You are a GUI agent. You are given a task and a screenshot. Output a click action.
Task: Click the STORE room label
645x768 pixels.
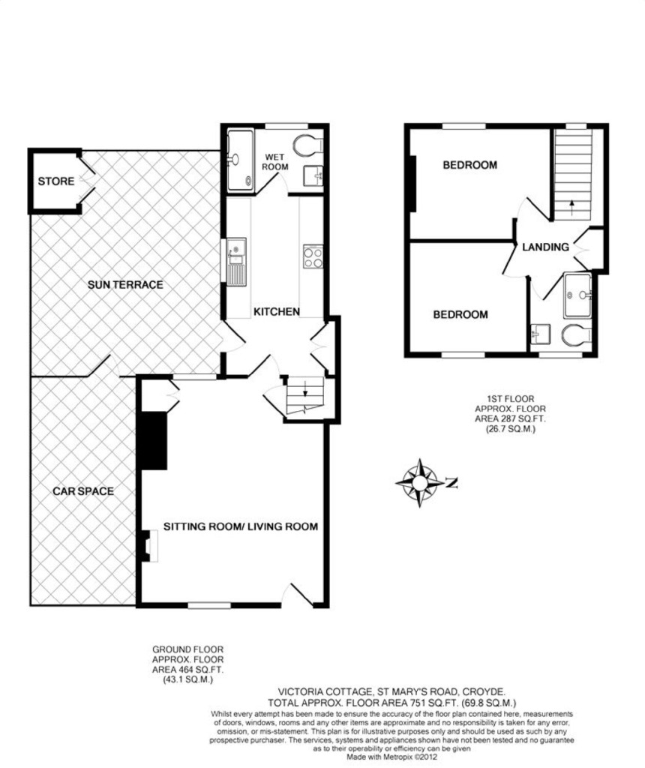pyautogui.click(x=56, y=181)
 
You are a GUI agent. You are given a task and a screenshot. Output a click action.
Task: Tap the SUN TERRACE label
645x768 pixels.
pyautogui.click(x=125, y=284)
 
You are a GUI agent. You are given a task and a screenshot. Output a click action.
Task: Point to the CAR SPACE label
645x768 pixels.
pyautogui.click(x=83, y=490)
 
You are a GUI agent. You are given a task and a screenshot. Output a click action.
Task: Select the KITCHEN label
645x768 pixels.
pyautogui.click(x=277, y=311)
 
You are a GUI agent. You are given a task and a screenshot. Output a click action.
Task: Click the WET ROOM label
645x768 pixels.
pyautogui.click(x=274, y=162)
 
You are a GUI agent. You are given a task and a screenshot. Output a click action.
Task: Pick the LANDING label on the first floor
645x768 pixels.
pyautogui.click(x=545, y=247)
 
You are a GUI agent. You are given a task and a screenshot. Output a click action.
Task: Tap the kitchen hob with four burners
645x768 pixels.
pyautogui.click(x=313, y=256)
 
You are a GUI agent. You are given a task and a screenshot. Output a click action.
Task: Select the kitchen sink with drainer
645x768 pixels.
pyautogui.click(x=236, y=262)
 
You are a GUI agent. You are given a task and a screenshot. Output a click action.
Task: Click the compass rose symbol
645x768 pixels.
pyautogui.click(x=419, y=483)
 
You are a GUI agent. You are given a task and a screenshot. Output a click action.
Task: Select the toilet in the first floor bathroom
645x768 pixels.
pyautogui.click(x=576, y=335)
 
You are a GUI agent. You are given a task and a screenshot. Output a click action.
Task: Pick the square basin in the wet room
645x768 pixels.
pyautogui.click(x=313, y=176)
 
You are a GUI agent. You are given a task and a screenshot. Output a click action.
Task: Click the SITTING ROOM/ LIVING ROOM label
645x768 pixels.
pyautogui.click(x=241, y=526)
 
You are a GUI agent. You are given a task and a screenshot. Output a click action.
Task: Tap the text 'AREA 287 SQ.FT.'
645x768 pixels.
pyautogui.click(x=510, y=418)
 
